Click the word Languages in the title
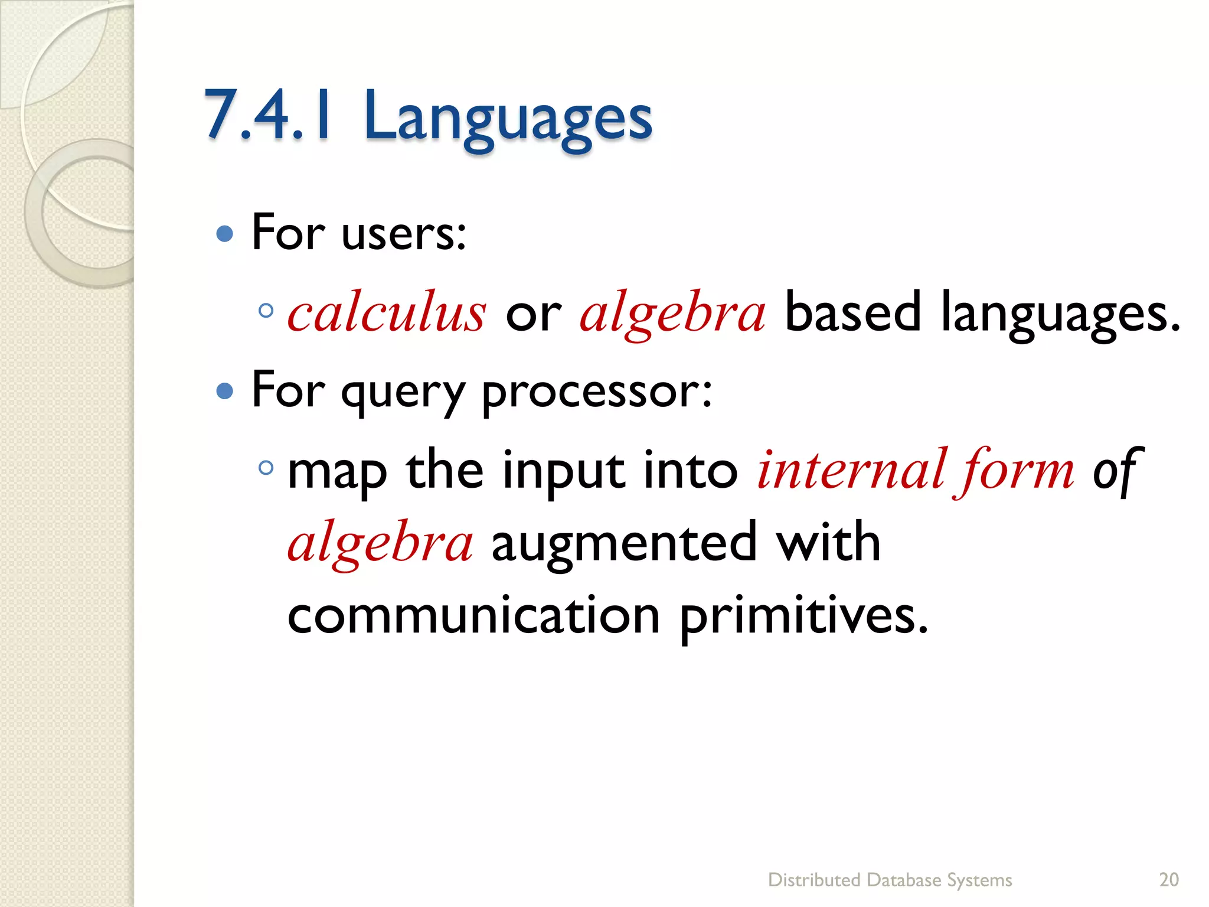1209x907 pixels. [x=508, y=118]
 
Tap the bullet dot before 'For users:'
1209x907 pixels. [x=225, y=234]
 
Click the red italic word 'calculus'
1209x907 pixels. [x=387, y=313]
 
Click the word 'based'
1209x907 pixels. [x=852, y=312]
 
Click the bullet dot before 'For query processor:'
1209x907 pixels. [x=225, y=391]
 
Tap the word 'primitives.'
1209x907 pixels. [x=803, y=616]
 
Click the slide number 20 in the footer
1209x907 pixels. [x=1169, y=880]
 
